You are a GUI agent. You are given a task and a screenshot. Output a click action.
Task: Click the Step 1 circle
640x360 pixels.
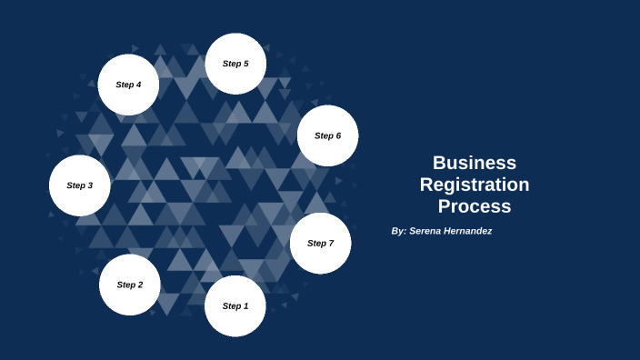(235, 306)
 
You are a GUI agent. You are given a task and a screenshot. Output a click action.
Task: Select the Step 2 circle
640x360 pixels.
(130, 285)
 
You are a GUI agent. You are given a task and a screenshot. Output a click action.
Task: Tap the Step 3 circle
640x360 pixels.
(80, 185)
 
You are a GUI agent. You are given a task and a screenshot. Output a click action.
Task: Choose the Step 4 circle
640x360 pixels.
(128, 85)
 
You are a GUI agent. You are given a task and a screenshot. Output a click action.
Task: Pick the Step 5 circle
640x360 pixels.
(235, 64)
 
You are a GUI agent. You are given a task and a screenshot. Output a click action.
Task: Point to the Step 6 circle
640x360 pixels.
(327, 135)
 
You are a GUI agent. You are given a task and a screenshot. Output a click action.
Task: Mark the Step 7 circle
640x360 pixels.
(320, 244)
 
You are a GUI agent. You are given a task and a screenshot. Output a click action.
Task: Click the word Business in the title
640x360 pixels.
(475, 163)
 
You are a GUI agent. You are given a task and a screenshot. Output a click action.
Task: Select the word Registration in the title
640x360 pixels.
(475, 185)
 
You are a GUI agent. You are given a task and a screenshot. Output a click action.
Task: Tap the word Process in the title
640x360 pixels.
(475, 206)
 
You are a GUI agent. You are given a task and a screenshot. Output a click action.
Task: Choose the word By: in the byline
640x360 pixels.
(398, 231)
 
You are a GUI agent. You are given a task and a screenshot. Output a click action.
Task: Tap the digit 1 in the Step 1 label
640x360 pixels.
(245, 306)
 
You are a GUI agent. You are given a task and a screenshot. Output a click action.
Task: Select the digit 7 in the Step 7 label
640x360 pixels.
(331, 244)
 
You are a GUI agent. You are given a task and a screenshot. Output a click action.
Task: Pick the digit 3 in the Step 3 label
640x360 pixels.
(90, 185)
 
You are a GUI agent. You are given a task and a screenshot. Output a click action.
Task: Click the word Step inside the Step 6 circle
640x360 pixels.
(323, 135)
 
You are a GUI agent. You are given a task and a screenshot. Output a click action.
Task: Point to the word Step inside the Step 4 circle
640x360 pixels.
(124, 85)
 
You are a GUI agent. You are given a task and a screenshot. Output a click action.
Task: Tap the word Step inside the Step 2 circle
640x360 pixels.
(125, 285)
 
